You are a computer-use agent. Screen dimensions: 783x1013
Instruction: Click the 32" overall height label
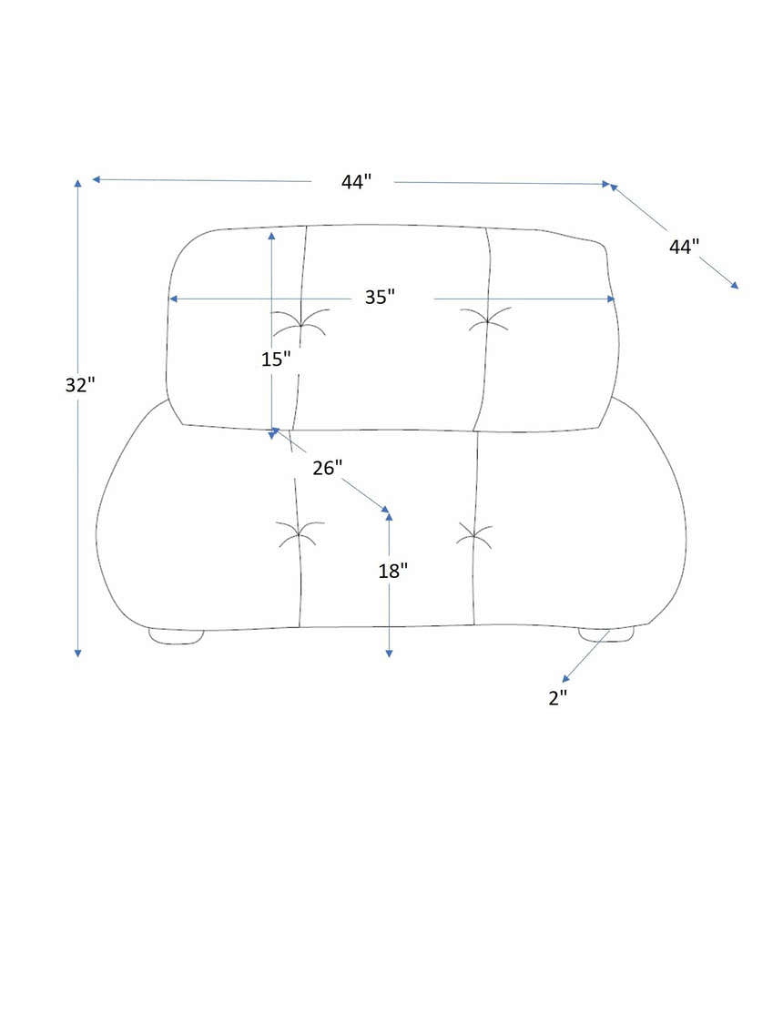[80, 384]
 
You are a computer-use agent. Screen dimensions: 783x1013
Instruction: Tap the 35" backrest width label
[380, 297]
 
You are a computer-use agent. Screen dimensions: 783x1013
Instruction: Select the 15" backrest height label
[276, 359]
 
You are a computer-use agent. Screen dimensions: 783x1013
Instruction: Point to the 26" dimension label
[328, 467]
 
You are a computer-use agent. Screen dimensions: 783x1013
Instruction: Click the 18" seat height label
[392, 571]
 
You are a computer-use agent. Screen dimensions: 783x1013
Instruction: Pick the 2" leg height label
[557, 698]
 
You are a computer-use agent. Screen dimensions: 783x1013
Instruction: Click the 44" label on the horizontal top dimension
[357, 181]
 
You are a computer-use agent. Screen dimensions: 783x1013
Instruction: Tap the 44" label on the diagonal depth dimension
[684, 246]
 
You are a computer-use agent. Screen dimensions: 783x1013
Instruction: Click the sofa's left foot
[177, 635]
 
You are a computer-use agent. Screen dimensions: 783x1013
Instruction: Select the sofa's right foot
[606, 634]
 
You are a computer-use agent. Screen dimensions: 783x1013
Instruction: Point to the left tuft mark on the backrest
[301, 322]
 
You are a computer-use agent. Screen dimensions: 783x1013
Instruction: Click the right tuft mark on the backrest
[488, 319]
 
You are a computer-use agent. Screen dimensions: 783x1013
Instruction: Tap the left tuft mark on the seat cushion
[300, 533]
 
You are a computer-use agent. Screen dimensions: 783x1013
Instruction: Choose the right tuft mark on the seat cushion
[474, 536]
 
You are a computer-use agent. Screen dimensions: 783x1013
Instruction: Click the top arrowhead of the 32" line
[78, 184]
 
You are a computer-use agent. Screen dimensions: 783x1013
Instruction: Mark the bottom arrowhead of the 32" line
[78, 653]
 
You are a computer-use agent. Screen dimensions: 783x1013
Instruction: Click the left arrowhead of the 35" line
[174, 299]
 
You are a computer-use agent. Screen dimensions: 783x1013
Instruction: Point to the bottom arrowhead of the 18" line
[389, 653]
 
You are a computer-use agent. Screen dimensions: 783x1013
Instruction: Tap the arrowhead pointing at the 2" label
[566, 678]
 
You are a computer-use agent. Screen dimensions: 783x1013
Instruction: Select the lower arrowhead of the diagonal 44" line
[734, 284]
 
